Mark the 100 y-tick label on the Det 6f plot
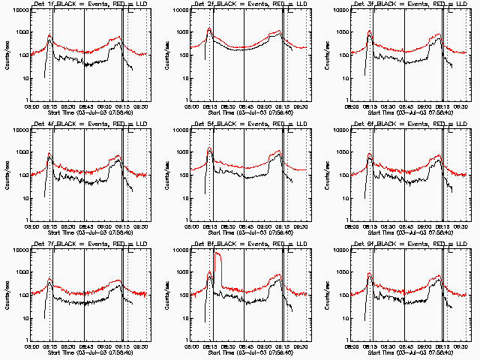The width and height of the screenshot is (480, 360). click(x=342, y=175)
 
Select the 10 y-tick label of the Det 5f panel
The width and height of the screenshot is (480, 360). click(x=182, y=198)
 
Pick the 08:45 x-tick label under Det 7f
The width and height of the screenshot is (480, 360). click(x=85, y=346)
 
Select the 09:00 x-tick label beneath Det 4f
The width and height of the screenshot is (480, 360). click(x=103, y=226)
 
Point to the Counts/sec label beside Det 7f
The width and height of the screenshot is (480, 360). click(x=6, y=295)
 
